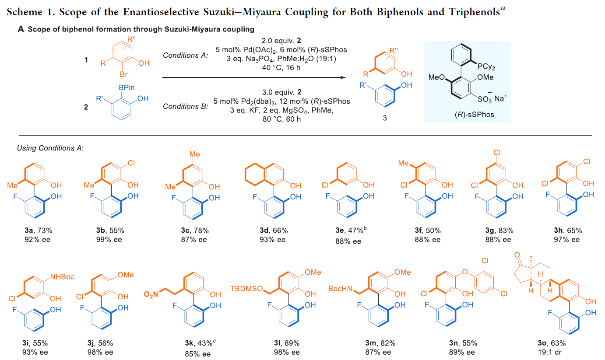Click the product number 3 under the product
click(385, 118)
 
